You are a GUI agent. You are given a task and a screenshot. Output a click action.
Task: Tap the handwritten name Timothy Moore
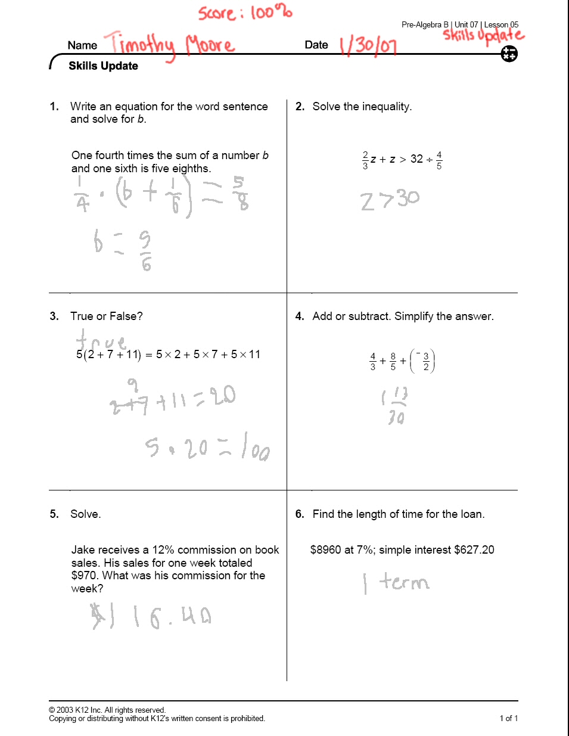(170, 44)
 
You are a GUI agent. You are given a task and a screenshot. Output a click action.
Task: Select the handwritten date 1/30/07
(368, 45)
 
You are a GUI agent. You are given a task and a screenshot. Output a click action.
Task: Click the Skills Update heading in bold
(103, 66)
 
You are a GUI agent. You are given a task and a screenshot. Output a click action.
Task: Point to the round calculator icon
(509, 54)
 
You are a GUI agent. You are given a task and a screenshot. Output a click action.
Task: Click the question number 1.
(54, 107)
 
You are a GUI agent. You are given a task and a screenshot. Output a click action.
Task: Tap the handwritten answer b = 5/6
(123, 249)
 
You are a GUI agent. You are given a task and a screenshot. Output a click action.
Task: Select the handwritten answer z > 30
(390, 200)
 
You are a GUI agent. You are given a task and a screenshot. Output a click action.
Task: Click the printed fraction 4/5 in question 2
(439, 160)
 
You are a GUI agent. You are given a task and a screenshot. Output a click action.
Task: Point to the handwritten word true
(101, 340)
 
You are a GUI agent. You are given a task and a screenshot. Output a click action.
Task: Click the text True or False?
(107, 316)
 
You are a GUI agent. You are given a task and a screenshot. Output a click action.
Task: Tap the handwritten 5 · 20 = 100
(207, 447)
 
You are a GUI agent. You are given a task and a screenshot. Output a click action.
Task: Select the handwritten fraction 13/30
(394, 405)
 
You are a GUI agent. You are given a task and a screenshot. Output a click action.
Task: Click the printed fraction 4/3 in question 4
(373, 361)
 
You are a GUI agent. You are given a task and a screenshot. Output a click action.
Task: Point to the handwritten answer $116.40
(151, 616)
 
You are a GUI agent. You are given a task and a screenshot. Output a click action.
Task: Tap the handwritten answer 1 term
(396, 582)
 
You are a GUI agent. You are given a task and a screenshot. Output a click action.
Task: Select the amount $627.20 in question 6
(474, 550)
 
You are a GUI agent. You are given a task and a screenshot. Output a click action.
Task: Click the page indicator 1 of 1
(508, 718)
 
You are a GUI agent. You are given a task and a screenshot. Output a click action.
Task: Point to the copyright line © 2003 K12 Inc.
(107, 710)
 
